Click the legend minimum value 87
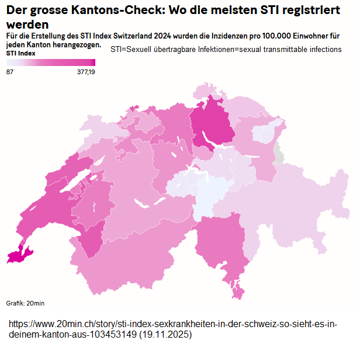pyautogui.click(x=10, y=72)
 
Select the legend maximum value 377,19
pyautogui.click(x=85, y=72)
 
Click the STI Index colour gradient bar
pyautogui.click(x=50, y=63)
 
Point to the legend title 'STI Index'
pyautogui.click(x=20, y=53)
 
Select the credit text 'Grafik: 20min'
pyautogui.click(x=25, y=303)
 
